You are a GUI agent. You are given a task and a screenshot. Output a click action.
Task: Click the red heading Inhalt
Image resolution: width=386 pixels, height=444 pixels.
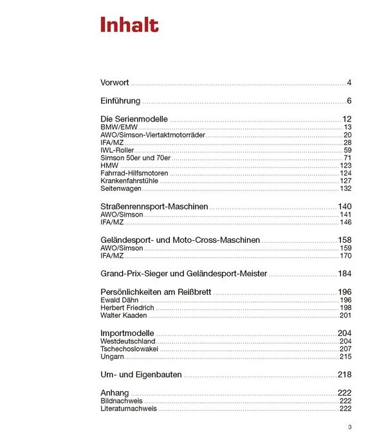[129, 25]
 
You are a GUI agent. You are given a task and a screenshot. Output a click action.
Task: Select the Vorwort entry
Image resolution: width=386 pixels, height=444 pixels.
[115, 83]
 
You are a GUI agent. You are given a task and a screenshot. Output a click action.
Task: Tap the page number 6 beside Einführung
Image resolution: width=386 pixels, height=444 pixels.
[349, 101]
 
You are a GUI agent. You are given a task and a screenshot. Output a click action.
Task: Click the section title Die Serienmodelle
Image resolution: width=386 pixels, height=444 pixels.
[134, 119]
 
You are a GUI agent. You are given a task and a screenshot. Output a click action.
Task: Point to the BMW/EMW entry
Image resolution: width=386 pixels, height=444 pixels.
[119, 127]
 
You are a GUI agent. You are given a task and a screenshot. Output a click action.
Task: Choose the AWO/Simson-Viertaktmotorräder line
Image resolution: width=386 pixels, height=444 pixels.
[152, 135]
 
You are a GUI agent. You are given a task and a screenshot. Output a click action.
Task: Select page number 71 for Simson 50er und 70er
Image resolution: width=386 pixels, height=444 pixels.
[347, 158]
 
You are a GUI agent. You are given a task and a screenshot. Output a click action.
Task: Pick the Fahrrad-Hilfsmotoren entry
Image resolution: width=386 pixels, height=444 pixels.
[134, 173]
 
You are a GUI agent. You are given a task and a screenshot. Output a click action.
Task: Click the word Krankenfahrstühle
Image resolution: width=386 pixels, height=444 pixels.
[129, 181]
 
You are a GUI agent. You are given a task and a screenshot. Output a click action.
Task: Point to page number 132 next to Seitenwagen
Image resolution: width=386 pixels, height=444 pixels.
[345, 189]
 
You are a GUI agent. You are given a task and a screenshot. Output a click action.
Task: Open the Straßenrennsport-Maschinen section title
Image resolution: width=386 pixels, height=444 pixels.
[154, 206]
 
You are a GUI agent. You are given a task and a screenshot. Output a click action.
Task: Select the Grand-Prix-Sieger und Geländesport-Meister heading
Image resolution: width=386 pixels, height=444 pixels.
[183, 273]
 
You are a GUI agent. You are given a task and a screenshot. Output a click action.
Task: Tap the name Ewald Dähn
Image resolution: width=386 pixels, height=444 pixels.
[119, 300]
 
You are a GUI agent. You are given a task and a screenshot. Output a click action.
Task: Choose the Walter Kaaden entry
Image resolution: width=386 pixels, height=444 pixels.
[124, 315]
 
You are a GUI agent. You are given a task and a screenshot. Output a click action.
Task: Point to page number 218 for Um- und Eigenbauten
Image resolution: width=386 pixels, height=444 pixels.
[344, 375]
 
